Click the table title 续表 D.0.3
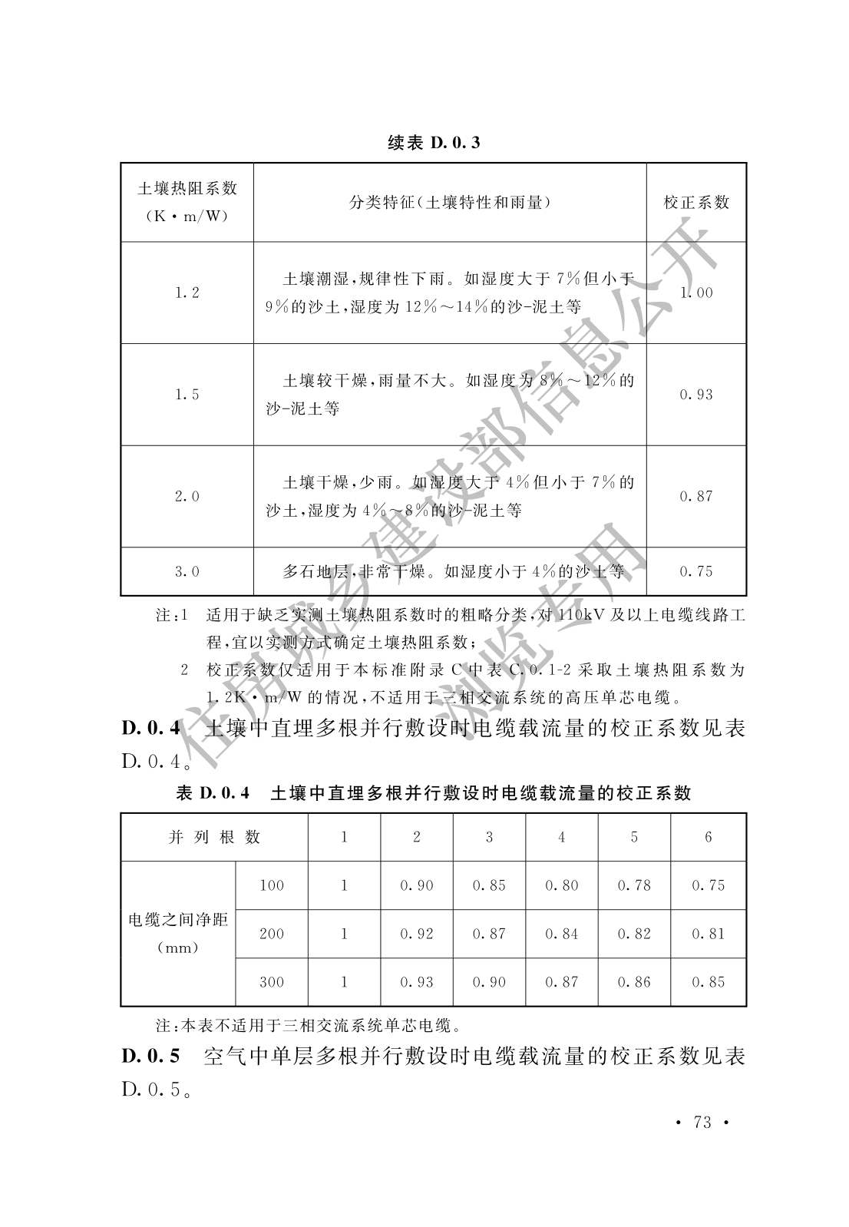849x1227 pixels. (434, 143)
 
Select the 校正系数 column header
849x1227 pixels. (696, 203)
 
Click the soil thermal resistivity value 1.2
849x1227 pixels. (187, 293)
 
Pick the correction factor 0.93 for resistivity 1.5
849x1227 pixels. (696, 395)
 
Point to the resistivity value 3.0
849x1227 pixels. (187, 571)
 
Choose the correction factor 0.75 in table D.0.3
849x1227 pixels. (696, 571)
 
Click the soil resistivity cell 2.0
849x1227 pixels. (187, 497)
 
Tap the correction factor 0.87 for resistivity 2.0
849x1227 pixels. (696, 497)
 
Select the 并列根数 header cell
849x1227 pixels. (215, 837)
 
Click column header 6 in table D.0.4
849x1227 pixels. (709, 837)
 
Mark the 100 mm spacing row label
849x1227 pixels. (272, 885)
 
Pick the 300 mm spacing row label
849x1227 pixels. (272, 982)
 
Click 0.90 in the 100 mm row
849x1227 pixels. (417, 885)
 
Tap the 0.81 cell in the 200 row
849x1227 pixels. (709, 934)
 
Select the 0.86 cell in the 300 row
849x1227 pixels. (635, 982)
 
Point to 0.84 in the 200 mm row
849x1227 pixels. (562, 934)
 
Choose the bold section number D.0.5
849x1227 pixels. (150, 1057)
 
